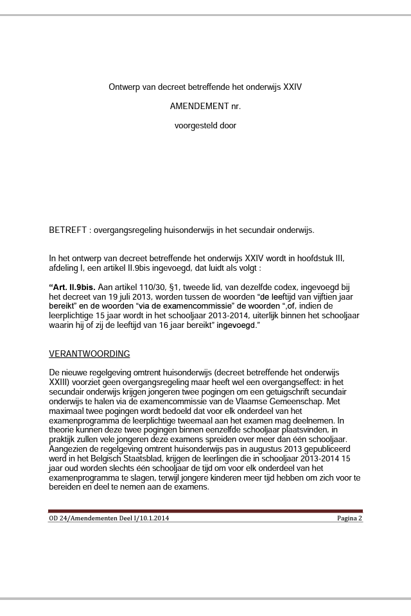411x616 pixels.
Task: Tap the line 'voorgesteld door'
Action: (x=205, y=126)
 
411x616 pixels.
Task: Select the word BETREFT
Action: (x=66, y=230)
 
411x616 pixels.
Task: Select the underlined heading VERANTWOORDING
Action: (x=89, y=354)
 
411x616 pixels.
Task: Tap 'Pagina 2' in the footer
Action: (x=350, y=518)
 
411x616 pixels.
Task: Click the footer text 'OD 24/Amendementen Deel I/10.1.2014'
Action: (x=109, y=518)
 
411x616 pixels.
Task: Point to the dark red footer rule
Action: (x=205, y=511)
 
